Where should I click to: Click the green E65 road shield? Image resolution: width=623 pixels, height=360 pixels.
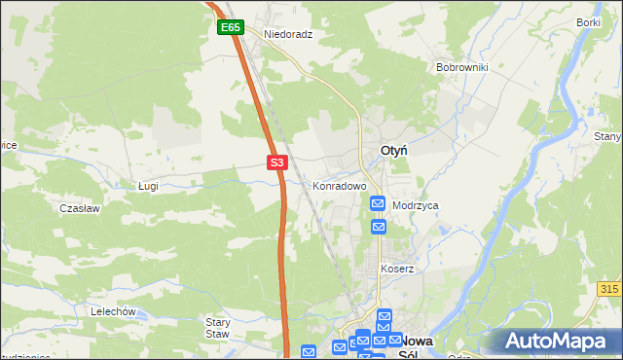pos(230,28)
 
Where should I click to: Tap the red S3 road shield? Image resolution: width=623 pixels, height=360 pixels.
pos(277,162)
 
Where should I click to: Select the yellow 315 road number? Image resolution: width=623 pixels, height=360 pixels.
pos(609,290)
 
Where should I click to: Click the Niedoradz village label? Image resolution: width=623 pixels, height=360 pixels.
pos(288,33)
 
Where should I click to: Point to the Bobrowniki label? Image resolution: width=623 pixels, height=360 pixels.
pos(461,68)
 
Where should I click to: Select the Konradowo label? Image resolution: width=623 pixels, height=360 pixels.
pos(339,185)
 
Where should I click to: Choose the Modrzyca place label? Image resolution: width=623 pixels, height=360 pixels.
pos(416,206)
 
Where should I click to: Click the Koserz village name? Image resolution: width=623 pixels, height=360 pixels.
pos(397,269)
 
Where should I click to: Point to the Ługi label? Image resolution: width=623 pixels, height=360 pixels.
pos(148,185)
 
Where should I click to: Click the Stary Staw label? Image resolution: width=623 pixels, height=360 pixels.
pos(217,328)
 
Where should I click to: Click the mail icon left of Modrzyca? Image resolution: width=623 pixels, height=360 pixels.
pos(378,203)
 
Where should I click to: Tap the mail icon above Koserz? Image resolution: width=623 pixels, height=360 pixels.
pos(378,227)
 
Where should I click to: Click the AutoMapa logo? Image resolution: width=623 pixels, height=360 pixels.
pos(555,342)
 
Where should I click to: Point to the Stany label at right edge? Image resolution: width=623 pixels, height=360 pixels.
pos(607,137)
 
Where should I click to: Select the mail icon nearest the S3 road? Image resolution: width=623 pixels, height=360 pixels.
pos(309,352)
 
